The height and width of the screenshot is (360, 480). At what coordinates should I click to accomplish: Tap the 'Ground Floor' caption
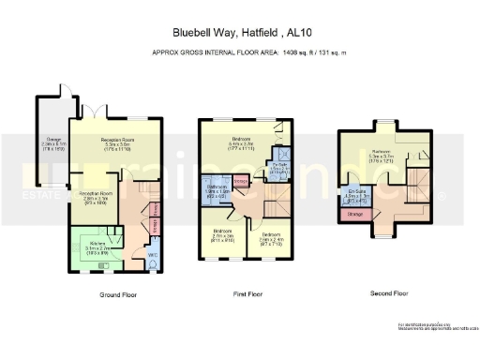118,294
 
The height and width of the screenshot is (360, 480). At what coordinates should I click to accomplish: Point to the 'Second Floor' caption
388,293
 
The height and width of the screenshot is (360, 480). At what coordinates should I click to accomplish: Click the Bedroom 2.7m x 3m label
222,234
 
